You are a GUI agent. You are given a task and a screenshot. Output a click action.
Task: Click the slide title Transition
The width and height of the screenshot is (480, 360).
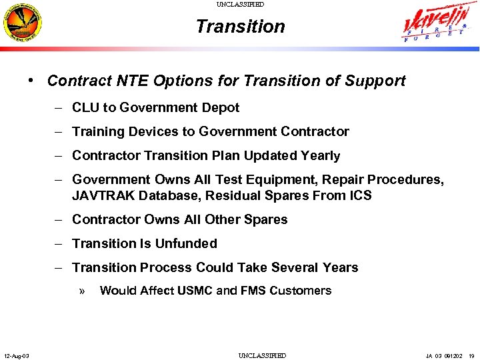(240, 27)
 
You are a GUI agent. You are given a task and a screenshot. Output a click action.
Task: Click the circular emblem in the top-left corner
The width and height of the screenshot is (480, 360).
(23, 24)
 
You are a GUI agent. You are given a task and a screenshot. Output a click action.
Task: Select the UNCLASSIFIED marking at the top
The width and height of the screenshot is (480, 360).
(240, 5)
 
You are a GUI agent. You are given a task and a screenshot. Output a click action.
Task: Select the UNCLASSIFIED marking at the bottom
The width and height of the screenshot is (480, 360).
(262, 355)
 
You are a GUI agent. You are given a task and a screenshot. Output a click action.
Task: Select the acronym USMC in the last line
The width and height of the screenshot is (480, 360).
(196, 291)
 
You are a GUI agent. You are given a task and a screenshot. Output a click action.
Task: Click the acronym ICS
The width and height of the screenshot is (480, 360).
(359, 196)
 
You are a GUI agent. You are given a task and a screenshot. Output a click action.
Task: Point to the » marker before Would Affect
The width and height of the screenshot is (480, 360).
(82, 291)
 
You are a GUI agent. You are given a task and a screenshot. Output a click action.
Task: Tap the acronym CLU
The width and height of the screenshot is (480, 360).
(85, 108)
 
